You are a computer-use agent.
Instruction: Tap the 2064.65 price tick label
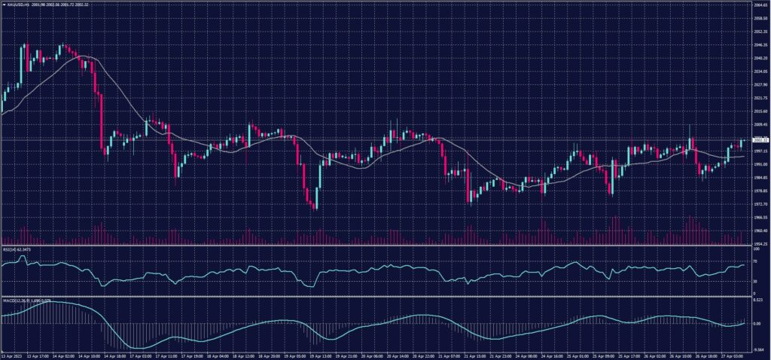point(760,5)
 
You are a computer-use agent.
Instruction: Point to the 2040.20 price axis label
point(760,57)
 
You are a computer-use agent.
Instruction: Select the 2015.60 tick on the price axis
point(760,111)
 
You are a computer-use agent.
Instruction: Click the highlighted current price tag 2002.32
point(760,140)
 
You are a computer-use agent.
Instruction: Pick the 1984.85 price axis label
point(760,178)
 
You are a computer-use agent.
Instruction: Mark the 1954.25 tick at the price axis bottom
point(760,244)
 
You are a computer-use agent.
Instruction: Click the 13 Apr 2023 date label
point(13,355)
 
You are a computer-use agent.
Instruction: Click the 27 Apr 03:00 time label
point(727,355)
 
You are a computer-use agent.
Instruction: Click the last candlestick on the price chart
point(742,142)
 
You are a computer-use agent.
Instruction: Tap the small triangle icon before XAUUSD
point(4,4)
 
